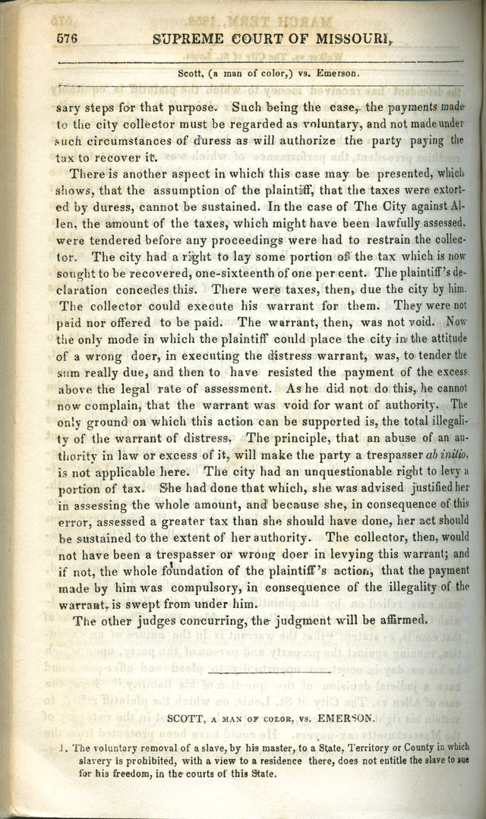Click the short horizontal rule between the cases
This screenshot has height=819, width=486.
point(269,672)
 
